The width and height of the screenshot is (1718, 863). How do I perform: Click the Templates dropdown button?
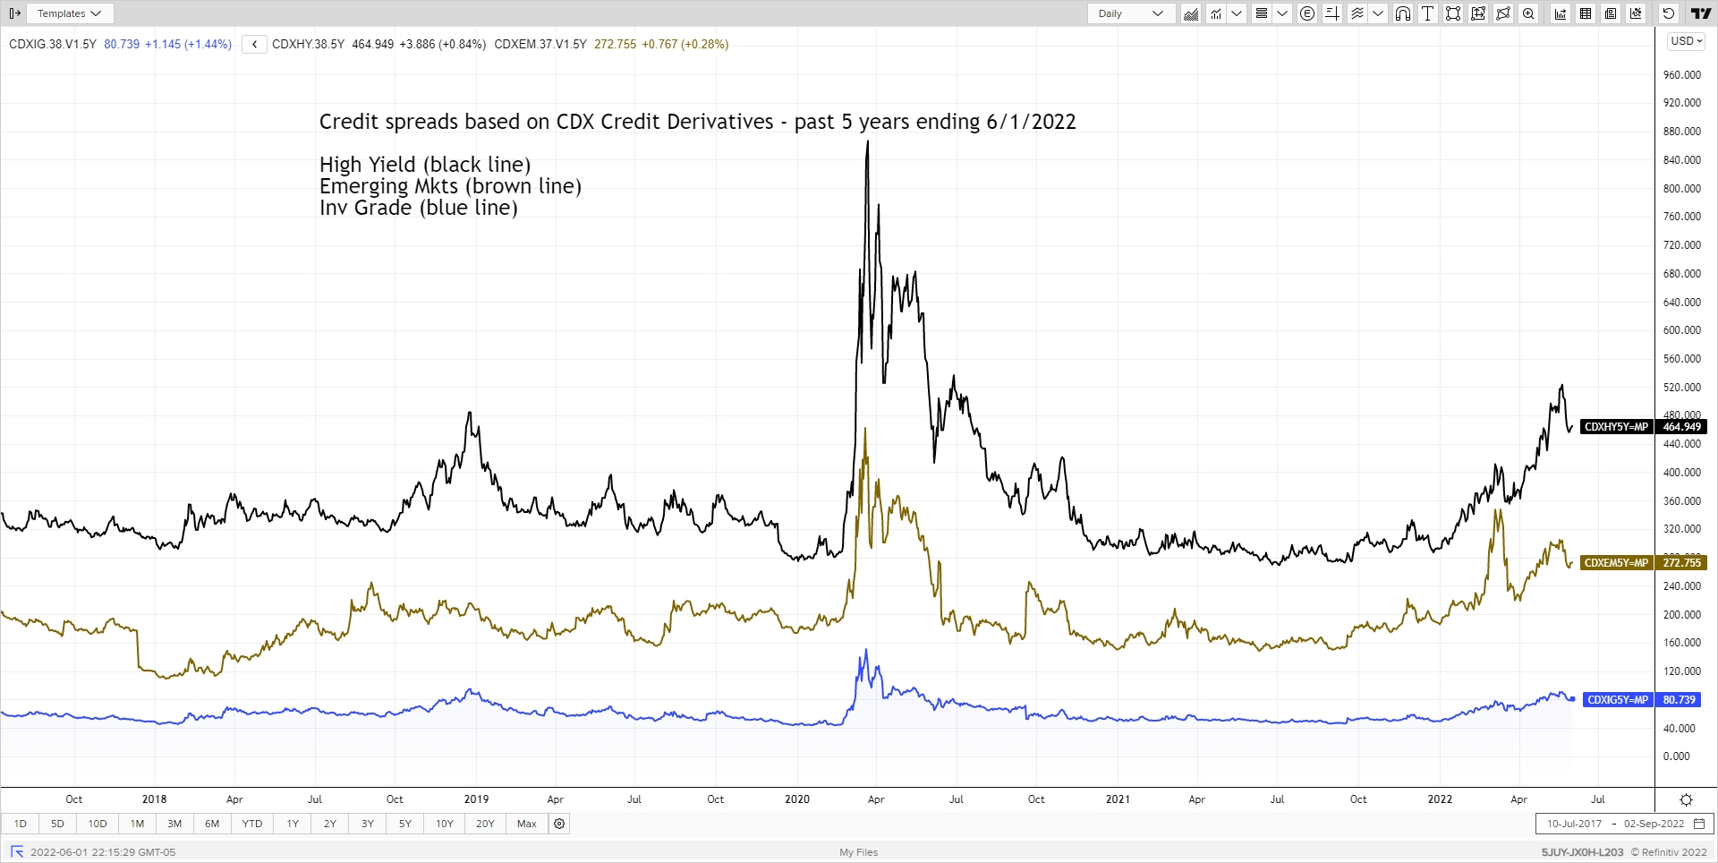[70, 13]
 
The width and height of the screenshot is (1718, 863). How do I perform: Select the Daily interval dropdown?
[1130, 13]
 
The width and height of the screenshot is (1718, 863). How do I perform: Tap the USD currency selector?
[1686, 41]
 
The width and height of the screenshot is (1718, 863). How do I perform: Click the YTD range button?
[252, 824]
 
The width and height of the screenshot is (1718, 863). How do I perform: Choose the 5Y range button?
[405, 824]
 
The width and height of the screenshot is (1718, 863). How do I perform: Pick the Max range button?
[527, 824]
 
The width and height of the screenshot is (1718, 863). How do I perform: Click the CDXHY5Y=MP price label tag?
[1616, 427]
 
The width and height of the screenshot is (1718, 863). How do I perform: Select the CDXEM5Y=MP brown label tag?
[1616, 563]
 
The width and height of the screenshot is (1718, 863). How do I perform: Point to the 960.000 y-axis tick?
[1681, 75]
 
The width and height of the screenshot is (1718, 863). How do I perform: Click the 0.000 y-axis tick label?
[1676, 756]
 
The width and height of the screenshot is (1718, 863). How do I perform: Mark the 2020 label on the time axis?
[796, 799]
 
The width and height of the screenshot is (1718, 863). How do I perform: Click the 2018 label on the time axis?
[154, 799]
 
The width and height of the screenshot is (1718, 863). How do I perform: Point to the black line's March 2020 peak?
[867, 142]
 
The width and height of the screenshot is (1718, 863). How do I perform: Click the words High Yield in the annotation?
[368, 165]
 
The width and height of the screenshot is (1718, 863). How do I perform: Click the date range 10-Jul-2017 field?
[1574, 824]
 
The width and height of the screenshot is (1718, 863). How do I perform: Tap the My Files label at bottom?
[858, 852]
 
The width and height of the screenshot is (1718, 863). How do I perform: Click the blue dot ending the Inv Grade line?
[1572, 699]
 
